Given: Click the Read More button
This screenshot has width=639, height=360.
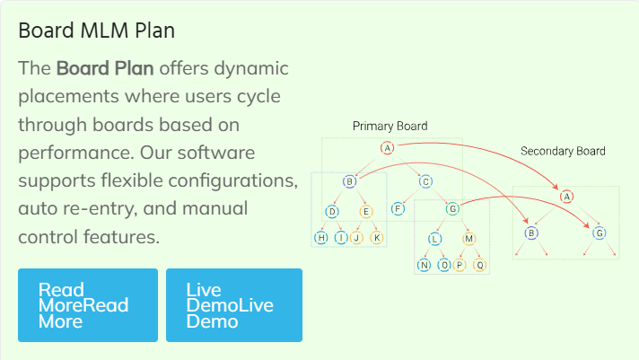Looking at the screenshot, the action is (x=88, y=305).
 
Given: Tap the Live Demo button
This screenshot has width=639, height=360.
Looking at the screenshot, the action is (x=234, y=305).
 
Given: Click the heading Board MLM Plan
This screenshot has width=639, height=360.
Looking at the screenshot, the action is (x=97, y=31).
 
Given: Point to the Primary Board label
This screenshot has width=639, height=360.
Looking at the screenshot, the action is (x=390, y=126).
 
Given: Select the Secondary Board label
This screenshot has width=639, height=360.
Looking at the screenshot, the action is (x=563, y=151).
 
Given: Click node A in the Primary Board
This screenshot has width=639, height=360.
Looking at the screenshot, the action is (x=387, y=147).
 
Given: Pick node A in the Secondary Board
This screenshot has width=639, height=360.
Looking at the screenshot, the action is (x=566, y=197).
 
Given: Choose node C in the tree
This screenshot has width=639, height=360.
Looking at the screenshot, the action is (x=425, y=181).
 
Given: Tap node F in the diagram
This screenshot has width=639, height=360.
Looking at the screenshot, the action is (x=398, y=209).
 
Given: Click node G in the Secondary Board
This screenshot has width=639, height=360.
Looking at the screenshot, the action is (x=600, y=233).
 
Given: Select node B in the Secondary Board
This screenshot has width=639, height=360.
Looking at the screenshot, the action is (x=531, y=233).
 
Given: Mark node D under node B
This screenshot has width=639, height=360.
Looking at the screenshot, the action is (x=332, y=212).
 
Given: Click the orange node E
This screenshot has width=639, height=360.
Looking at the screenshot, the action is (x=366, y=212).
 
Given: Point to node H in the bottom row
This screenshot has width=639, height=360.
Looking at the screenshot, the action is (x=321, y=238).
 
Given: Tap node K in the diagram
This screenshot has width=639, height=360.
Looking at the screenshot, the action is (x=377, y=238).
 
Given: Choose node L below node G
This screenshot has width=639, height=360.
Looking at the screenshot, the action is (x=435, y=239).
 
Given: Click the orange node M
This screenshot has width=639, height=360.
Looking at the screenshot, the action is (x=468, y=239).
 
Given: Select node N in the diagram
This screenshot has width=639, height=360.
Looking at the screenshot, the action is (x=424, y=266).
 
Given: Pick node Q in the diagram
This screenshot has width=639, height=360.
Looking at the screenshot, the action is (x=479, y=266).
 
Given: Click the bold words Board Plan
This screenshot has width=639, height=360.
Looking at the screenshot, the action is (x=105, y=68).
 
